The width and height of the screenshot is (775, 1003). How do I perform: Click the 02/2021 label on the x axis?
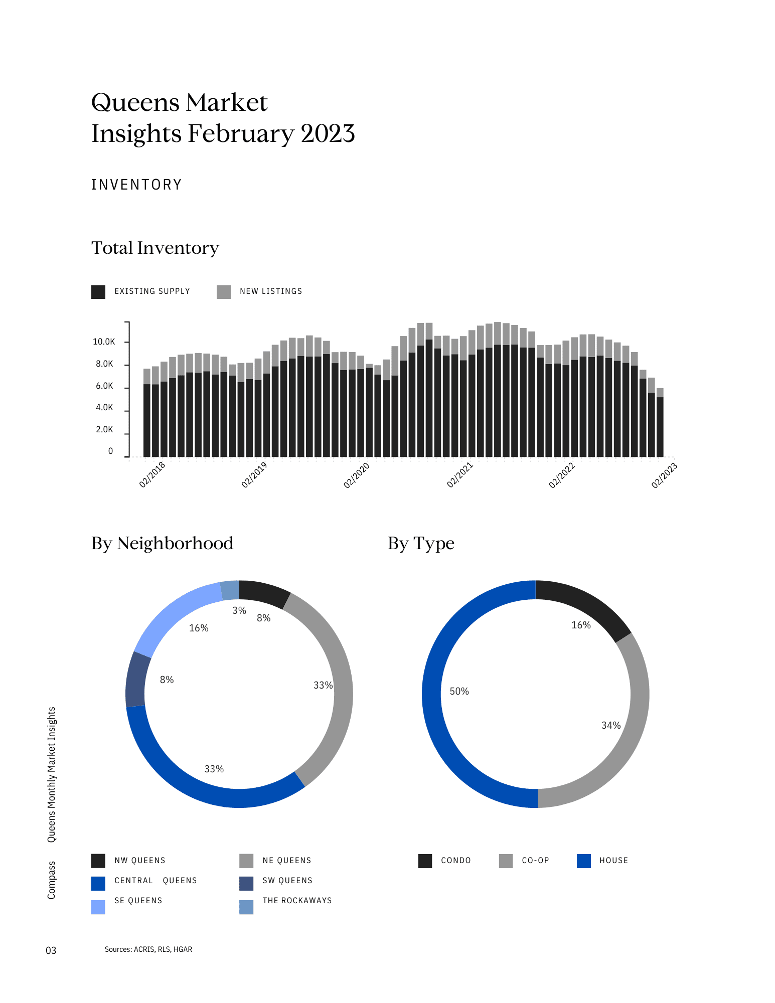point(459,475)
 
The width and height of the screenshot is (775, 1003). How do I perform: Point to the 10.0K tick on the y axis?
point(104,342)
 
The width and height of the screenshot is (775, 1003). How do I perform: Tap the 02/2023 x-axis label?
point(664,475)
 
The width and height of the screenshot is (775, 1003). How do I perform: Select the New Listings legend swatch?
point(224,292)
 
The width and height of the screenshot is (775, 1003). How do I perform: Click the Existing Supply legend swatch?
point(98,292)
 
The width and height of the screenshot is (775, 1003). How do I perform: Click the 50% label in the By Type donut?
point(459,692)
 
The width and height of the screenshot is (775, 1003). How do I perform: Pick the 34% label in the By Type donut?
point(611,726)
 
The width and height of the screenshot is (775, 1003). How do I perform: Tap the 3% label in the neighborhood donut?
point(239,611)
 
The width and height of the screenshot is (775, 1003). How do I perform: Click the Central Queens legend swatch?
point(98,884)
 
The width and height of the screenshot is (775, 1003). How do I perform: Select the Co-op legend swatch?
point(506,861)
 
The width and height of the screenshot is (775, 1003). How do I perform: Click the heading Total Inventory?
point(155,248)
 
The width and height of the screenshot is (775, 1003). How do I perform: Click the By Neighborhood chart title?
point(162,544)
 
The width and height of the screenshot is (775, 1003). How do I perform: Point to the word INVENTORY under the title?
point(136,185)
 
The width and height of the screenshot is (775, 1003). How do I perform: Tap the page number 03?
point(51,950)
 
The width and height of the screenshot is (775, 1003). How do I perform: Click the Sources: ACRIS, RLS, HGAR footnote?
point(148,949)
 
